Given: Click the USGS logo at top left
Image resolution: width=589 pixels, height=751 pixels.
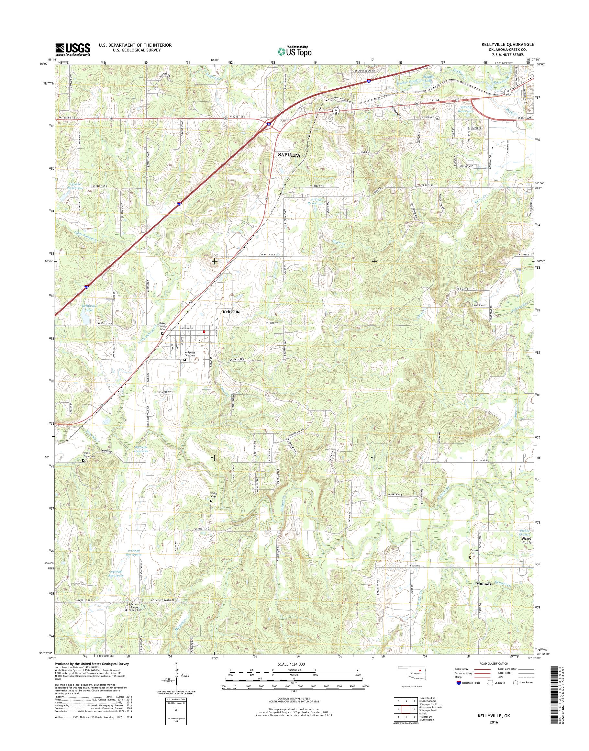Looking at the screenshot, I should [x=73, y=49].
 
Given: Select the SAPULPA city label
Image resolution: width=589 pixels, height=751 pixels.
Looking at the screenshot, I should [x=289, y=155].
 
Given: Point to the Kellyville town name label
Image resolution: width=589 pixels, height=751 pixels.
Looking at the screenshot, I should [x=231, y=311].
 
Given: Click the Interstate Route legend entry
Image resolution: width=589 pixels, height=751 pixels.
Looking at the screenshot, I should [x=468, y=682].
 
